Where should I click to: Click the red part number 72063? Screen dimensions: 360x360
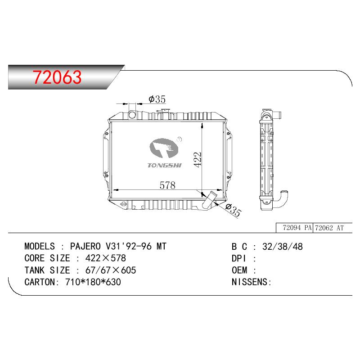click(57, 77)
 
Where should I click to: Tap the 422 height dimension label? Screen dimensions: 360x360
click(198, 160)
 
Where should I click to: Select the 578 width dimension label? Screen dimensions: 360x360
click(167, 185)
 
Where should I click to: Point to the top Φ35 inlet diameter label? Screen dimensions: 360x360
click(157, 99)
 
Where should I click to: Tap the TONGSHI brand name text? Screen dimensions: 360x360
click(164, 165)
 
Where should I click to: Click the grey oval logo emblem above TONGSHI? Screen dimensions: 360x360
click(164, 148)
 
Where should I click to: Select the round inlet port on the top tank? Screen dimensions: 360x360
click(132, 114)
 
